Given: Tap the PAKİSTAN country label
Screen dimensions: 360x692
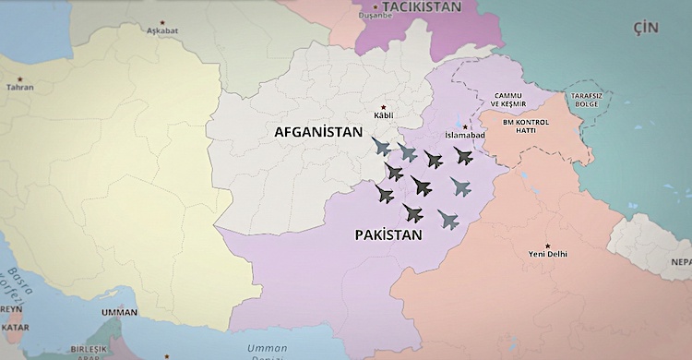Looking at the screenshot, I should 388,235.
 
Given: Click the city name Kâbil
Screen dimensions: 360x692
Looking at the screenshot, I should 383,115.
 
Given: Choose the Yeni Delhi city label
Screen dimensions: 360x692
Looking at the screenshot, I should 548,253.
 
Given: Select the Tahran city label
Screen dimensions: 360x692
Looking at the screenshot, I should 19,87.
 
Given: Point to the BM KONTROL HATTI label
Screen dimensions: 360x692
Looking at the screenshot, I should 526,126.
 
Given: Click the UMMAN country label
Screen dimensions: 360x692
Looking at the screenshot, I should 119,312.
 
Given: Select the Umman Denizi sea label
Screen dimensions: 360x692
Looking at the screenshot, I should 268,350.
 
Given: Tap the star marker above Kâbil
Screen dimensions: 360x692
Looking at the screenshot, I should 383,105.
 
